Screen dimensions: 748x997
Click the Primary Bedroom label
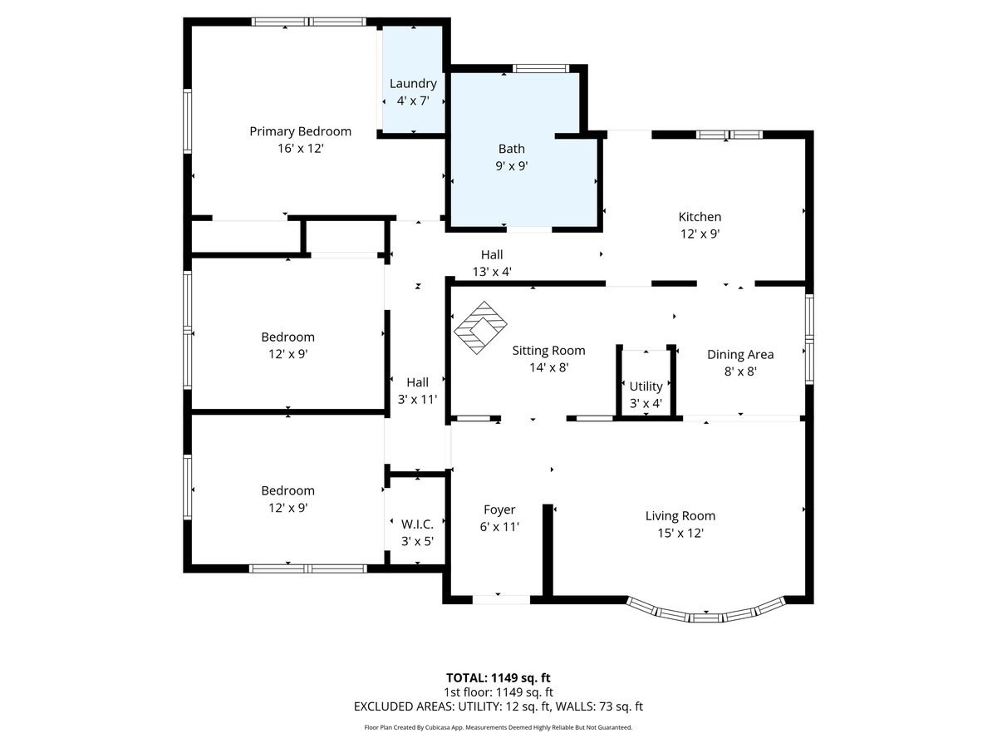pyautogui.click(x=300, y=131)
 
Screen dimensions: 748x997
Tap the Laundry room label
pyautogui.click(x=413, y=83)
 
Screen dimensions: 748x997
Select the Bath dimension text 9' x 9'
pyautogui.click(x=512, y=165)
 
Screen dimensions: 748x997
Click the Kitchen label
pyautogui.click(x=700, y=217)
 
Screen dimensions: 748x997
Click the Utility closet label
pyautogui.click(x=646, y=386)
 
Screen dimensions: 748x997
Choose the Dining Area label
pyautogui.click(x=740, y=354)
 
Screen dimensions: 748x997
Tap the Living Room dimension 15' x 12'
pyautogui.click(x=680, y=533)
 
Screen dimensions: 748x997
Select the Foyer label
pyautogui.click(x=499, y=509)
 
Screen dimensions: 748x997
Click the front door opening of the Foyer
pyautogui.click(x=501, y=598)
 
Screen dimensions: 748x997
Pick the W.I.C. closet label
pyautogui.click(x=417, y=524)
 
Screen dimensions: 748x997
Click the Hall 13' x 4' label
pyautogui.click(x=491, y=254)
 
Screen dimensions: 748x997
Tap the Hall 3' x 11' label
pyautogui.click(x=417, y=382)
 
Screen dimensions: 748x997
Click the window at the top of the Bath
pyautogui.click(x=541, y=68)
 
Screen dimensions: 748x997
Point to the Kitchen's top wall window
pyautogui.click(x=729, y=134)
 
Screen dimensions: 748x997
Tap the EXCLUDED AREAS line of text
pyautogui.click(x=498, y=706)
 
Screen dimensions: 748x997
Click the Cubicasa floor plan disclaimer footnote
pyautogui.click(x=498, y=727)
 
